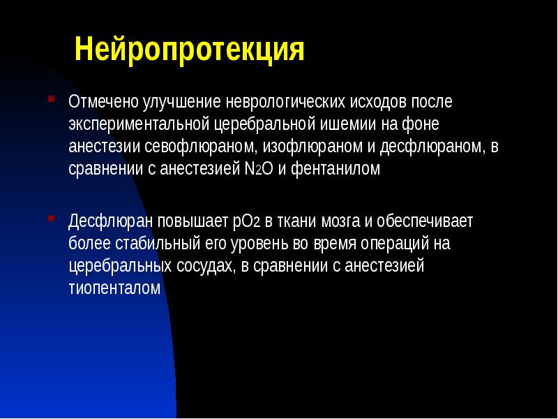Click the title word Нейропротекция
coord(190,50)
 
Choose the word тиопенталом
coord(115,289)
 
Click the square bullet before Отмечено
coord(51,98)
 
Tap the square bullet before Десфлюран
coord(51,219)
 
